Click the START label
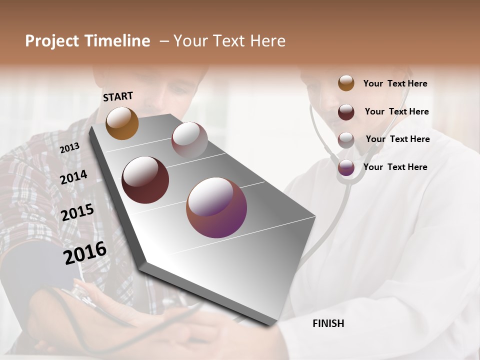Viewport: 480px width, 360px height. pos(118,96)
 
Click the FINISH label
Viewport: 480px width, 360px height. pos(328,323)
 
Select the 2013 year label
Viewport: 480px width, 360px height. pos(69,148)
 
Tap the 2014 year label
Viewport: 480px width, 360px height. pos(73,177)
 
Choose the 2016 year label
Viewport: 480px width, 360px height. pos(85,253)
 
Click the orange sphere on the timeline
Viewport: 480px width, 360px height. pos(122,123)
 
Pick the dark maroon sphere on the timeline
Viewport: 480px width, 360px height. pos(145,180)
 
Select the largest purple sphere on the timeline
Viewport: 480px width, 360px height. pos(216,207)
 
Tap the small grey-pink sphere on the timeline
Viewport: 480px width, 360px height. pos(189,140)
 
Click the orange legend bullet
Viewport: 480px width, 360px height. pos(346,83)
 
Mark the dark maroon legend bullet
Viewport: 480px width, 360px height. pos(346,112)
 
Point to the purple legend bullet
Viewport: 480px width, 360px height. pos(346,168)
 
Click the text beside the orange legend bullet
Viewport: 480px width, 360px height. pos(395,83)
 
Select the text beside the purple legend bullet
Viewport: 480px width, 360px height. pos(395,167)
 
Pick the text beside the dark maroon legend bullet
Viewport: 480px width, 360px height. pos(396,111)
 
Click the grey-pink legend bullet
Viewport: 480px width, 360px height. pos(346,140)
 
